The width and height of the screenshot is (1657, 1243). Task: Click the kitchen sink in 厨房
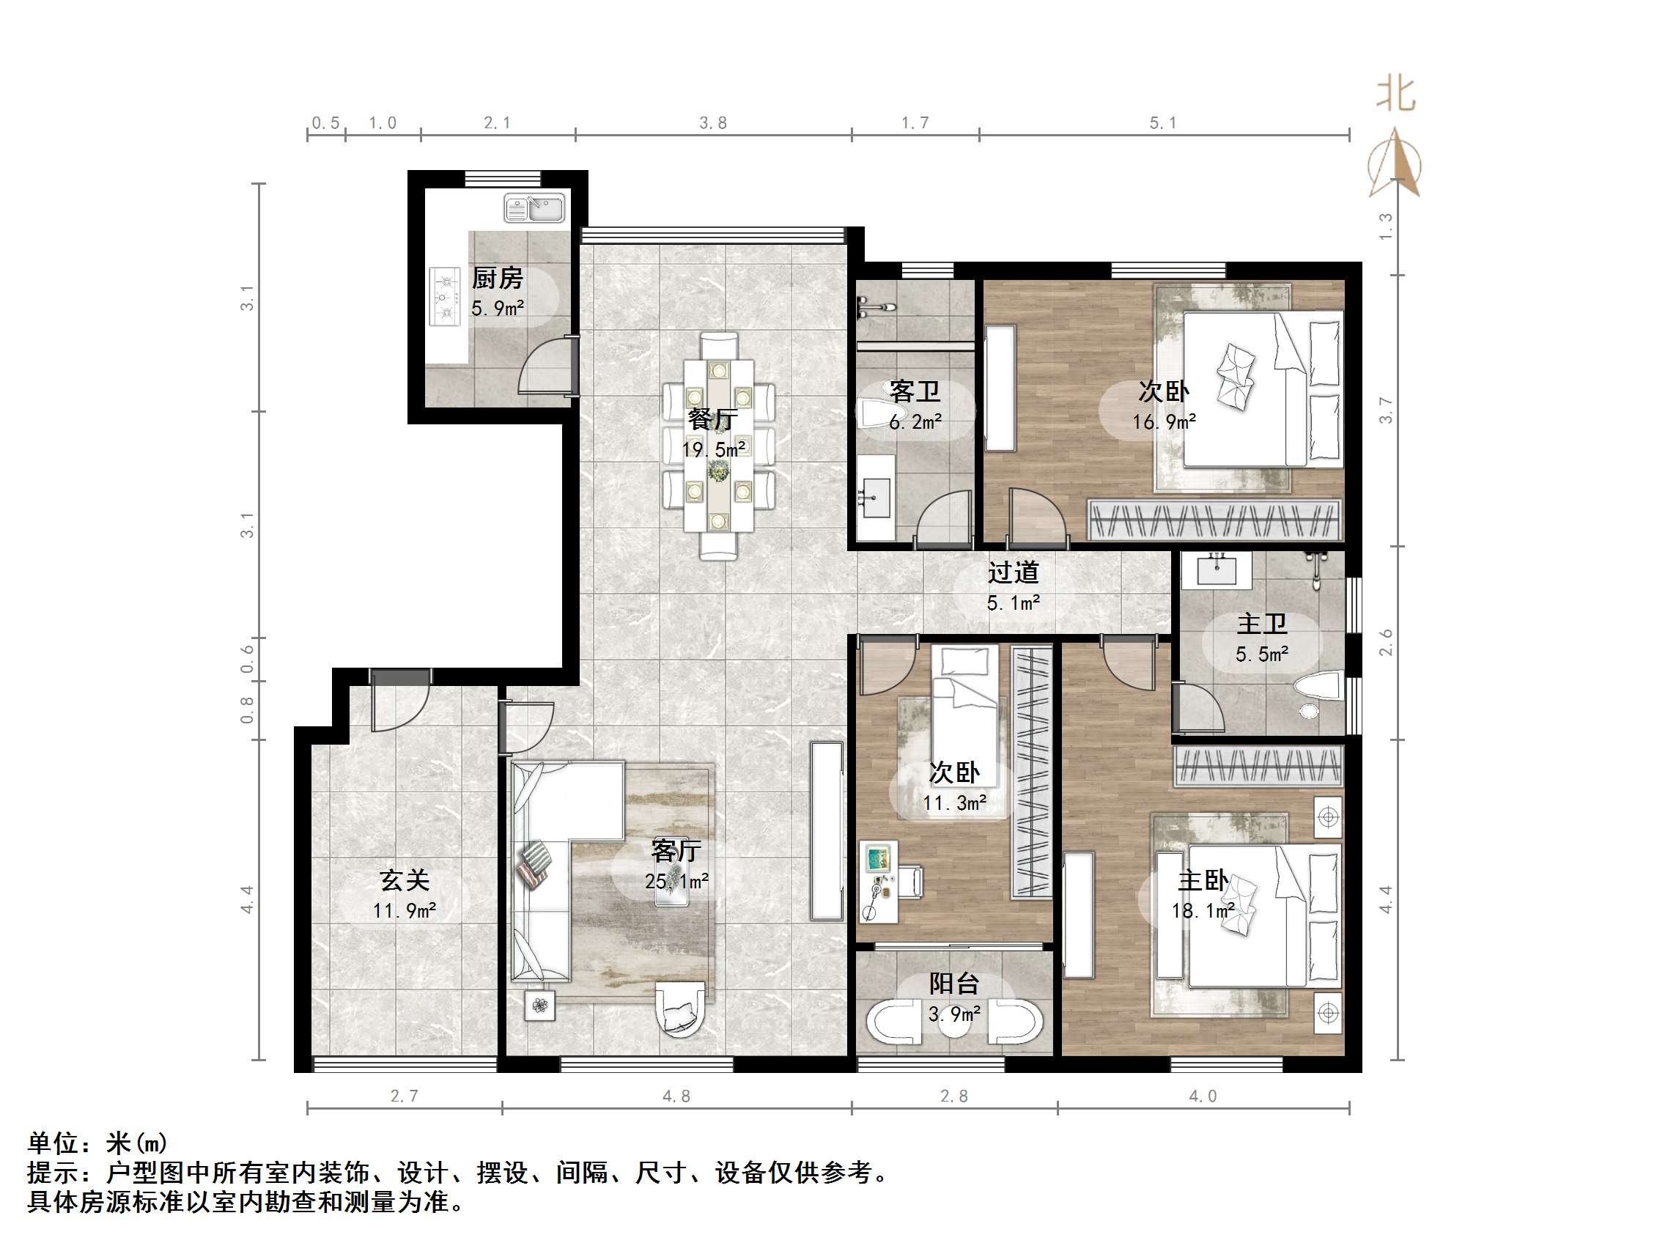[x=534, y=208]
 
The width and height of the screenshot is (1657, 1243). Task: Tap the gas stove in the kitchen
[x=445, y=297]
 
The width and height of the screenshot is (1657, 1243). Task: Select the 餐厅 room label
[x=712, y=418]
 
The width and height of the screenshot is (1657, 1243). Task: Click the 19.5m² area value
[x=712, y=449]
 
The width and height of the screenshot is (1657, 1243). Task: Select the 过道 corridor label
[x=1013, y=572]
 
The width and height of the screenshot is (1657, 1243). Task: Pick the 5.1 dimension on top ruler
[x=1162, y=123]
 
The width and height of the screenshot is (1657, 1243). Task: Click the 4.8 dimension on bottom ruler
[x=676, y=1096]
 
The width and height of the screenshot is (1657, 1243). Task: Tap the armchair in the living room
[x=680, y=1008]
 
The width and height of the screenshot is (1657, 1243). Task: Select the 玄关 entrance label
[x=405, y=879]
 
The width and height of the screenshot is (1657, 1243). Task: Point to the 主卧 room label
[x=1203, y=880]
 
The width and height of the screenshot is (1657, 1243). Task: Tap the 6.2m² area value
[x=915, y=422]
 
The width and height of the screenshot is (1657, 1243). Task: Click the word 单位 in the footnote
[x=53, y=1143]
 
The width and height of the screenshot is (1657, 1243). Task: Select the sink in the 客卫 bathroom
[x=875, y=497]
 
